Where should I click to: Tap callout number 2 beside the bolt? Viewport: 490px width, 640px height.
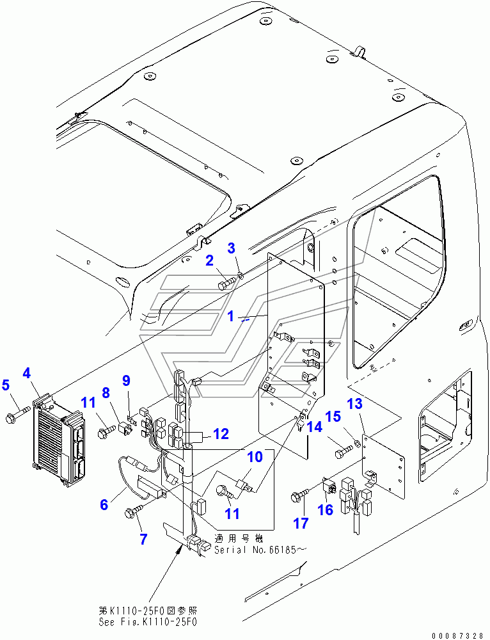pos(209,260)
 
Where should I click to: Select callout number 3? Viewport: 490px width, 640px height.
pos(232,248)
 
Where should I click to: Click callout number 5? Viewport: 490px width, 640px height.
pos(6,385)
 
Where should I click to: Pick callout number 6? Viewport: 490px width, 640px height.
pos(104,505)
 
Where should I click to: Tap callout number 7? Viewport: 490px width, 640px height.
pos(143,539)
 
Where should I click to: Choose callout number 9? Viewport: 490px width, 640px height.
pos(126,380)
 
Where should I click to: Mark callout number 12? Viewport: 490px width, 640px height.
pos(221,435)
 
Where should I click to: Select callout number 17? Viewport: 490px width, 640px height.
pos(301,523)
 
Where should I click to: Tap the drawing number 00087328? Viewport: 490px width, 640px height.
pos(458,635)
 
